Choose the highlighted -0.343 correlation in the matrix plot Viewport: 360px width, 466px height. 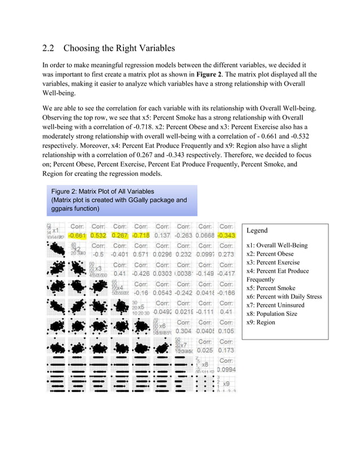pyautogui.click(x=226, y=235)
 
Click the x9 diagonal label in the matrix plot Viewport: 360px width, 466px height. pyautogui.click(x=226, y=384)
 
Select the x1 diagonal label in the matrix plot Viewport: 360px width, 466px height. pyautogui.click(x=56, y=231)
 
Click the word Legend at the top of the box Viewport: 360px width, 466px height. pyautogui.click(x=257, y=231)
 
